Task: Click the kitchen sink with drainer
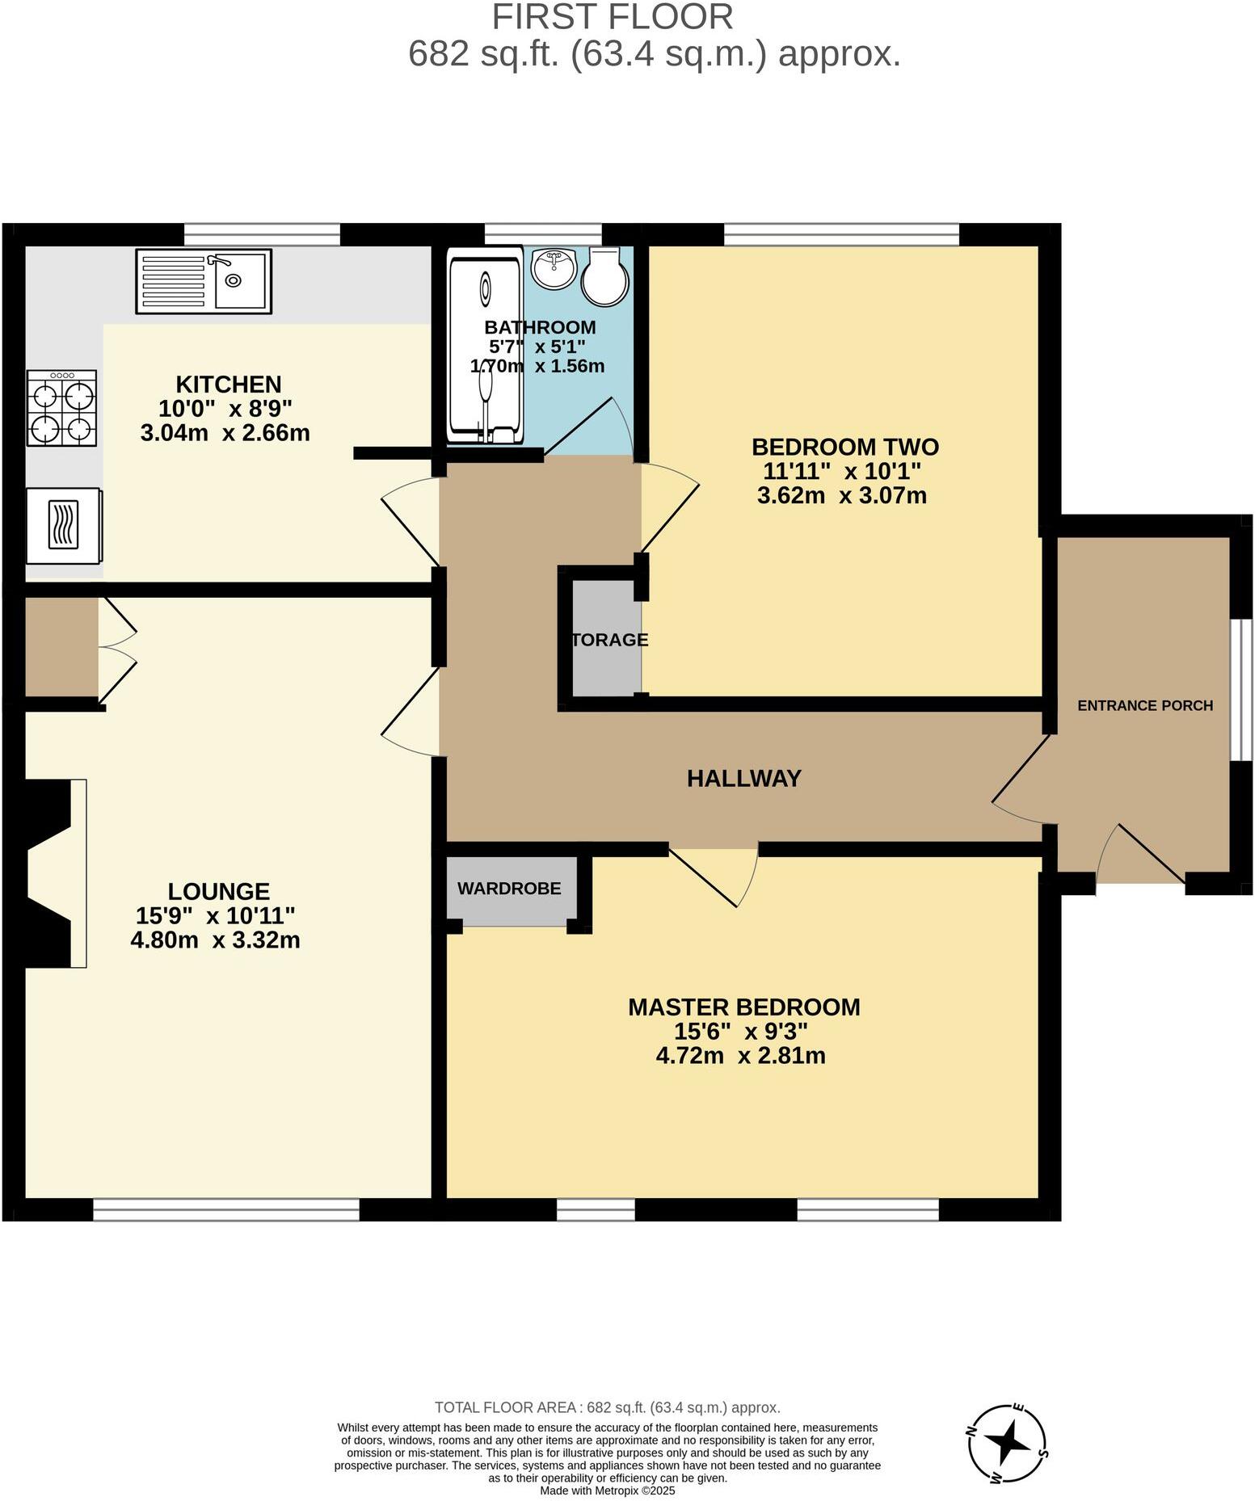pyautogui.click(x=204, y=281)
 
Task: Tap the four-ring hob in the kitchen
pyautogui.click(x=61, y=408)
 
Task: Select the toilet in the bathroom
pyautogui.click(x=605, y=276)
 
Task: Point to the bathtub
pyautogui.click(x=485, y=349)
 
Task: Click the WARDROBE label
pyautogui.click(x=509, y=889)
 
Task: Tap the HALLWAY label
pyautogui.click(x=743, y=778)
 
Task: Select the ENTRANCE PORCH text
pyautogui.click(x=1145, y=705)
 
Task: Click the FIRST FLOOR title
pyautogui.click(x=613, y=17)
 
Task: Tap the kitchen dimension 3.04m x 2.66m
pyautogui.click(x=225, y=433)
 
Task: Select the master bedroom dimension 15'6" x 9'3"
pyautogui.click(x=741, y=1031)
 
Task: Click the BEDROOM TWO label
pyautogui.click(x=844, y=447)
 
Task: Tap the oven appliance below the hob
pyautogui.click(x=64, y=525)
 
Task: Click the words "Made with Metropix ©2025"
pyautogui.click(x=607, y=1490)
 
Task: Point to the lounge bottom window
pyautogui.click(x=226, y=1209)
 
